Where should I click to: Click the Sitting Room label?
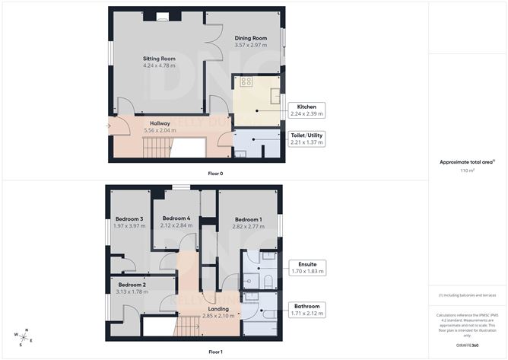(x=159, y=58)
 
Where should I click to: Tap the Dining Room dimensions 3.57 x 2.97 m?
(x=250, y=46)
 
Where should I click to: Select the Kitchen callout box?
(x=306, y=110)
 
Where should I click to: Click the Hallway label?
(x=159, y=123)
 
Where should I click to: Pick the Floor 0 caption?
(x=215, y=174)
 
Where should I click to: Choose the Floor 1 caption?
(x=215, y=352)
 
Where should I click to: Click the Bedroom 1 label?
(x=249, y=218)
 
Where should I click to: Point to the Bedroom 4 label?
(x=176, y=218)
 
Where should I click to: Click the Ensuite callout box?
(x=307, y=267)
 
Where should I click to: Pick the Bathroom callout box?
(x=307, y=309)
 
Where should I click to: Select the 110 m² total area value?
(x=467, y=170)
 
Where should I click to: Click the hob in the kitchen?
(x=246, y=81)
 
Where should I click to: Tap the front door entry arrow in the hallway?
(x=110, y=126)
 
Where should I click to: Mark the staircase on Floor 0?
(x=156, y=147)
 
